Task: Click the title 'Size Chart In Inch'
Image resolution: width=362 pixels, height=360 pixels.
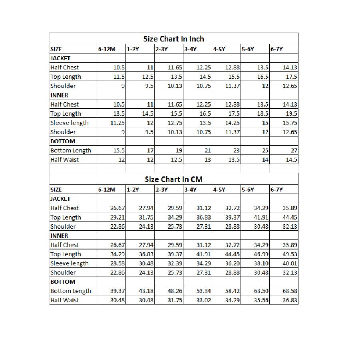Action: (x=173, y=39)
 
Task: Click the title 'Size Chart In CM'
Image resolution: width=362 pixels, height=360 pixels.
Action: (x=173, y=179)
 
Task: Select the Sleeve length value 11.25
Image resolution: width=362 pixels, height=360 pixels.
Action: (x=117, y=123)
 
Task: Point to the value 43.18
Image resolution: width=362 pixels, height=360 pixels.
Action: (x=146, y=291)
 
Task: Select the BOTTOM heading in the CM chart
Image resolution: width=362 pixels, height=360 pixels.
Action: (x=62, y=282)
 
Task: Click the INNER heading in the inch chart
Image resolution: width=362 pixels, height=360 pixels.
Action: (x=59, y=95)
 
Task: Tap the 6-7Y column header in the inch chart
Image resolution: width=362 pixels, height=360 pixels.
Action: (x=276, y=49)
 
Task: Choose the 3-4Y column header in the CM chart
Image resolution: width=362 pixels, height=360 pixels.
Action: (x=190, y=190)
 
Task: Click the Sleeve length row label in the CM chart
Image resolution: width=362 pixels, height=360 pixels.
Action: (x=70, y=263)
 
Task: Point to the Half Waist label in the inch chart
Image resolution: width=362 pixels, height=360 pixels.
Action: (x=64, y=160)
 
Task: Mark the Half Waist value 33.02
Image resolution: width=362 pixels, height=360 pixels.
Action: (x=203, y=300)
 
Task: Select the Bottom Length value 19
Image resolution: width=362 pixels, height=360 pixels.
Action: (x=179, y=150)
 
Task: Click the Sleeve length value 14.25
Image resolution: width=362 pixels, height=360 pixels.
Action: (x=232, y=123)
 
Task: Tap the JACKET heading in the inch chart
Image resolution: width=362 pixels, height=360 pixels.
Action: (x=60, y=58)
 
